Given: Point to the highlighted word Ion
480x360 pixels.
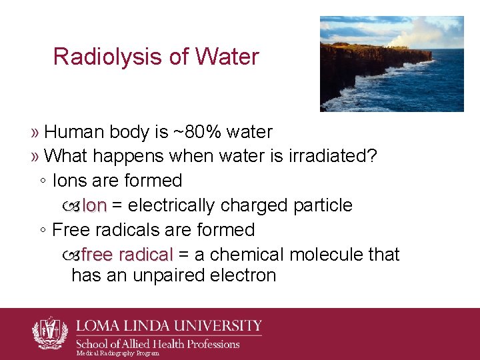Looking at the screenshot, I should (93, 205).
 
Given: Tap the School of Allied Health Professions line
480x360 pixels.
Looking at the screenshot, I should (157, 344).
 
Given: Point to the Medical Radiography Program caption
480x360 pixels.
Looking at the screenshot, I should (118, 353).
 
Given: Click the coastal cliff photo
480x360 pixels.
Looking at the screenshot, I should (391, 64).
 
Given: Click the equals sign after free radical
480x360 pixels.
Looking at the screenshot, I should (183, 255).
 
